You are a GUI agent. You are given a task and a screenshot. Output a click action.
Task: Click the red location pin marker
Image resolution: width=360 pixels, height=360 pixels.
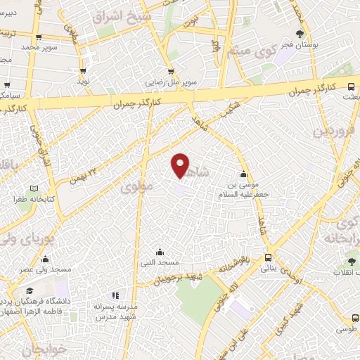coord(181,165)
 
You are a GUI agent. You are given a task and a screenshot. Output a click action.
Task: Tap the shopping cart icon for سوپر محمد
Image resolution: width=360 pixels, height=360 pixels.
coord(38,38)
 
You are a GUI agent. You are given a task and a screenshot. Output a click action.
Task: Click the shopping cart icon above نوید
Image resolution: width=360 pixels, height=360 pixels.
coord(84,71)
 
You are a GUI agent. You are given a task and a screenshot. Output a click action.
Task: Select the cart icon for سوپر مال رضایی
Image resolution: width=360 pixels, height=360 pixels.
coord(170,72)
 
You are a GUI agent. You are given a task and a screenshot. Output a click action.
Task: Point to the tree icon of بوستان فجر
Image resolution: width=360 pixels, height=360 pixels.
coord(300,34)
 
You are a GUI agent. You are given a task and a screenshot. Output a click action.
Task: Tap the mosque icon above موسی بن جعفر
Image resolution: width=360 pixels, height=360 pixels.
coord(244,174)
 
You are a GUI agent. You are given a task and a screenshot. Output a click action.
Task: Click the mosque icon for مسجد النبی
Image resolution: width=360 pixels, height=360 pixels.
coord(160,252)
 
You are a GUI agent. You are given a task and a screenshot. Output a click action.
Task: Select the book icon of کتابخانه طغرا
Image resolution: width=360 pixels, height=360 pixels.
coord(34,190)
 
